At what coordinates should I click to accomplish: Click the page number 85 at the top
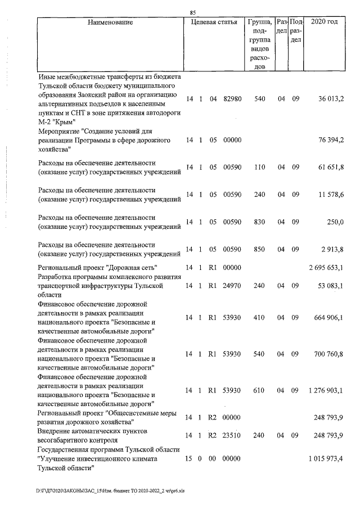[x=193, y=12]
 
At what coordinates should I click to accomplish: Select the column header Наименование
[x=110, y=22]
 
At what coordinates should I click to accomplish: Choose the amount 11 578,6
[x=331, y=194]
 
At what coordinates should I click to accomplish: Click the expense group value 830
[x=260, y=222]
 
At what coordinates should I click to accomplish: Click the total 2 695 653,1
[x=326, y=267]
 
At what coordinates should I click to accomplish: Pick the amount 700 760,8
[x=329, y=354]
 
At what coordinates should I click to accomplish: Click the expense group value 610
[x=260, y=390]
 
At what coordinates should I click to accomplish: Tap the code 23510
[x=232, y=435]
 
